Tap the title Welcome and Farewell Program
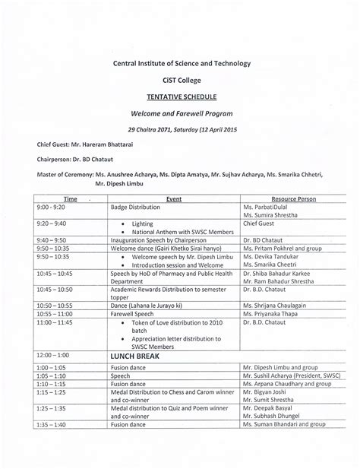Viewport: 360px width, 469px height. click(x=180, y=113)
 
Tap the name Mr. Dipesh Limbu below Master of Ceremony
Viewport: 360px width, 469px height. click(x=120, y=183)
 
